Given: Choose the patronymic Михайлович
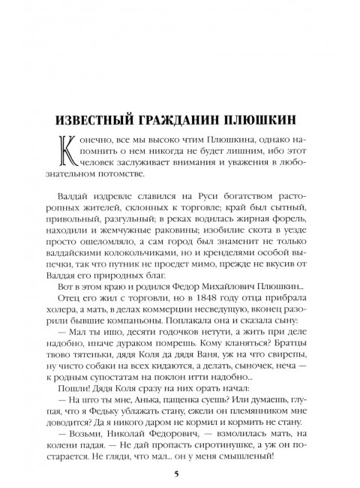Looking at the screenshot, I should click(x=211, y=274).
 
